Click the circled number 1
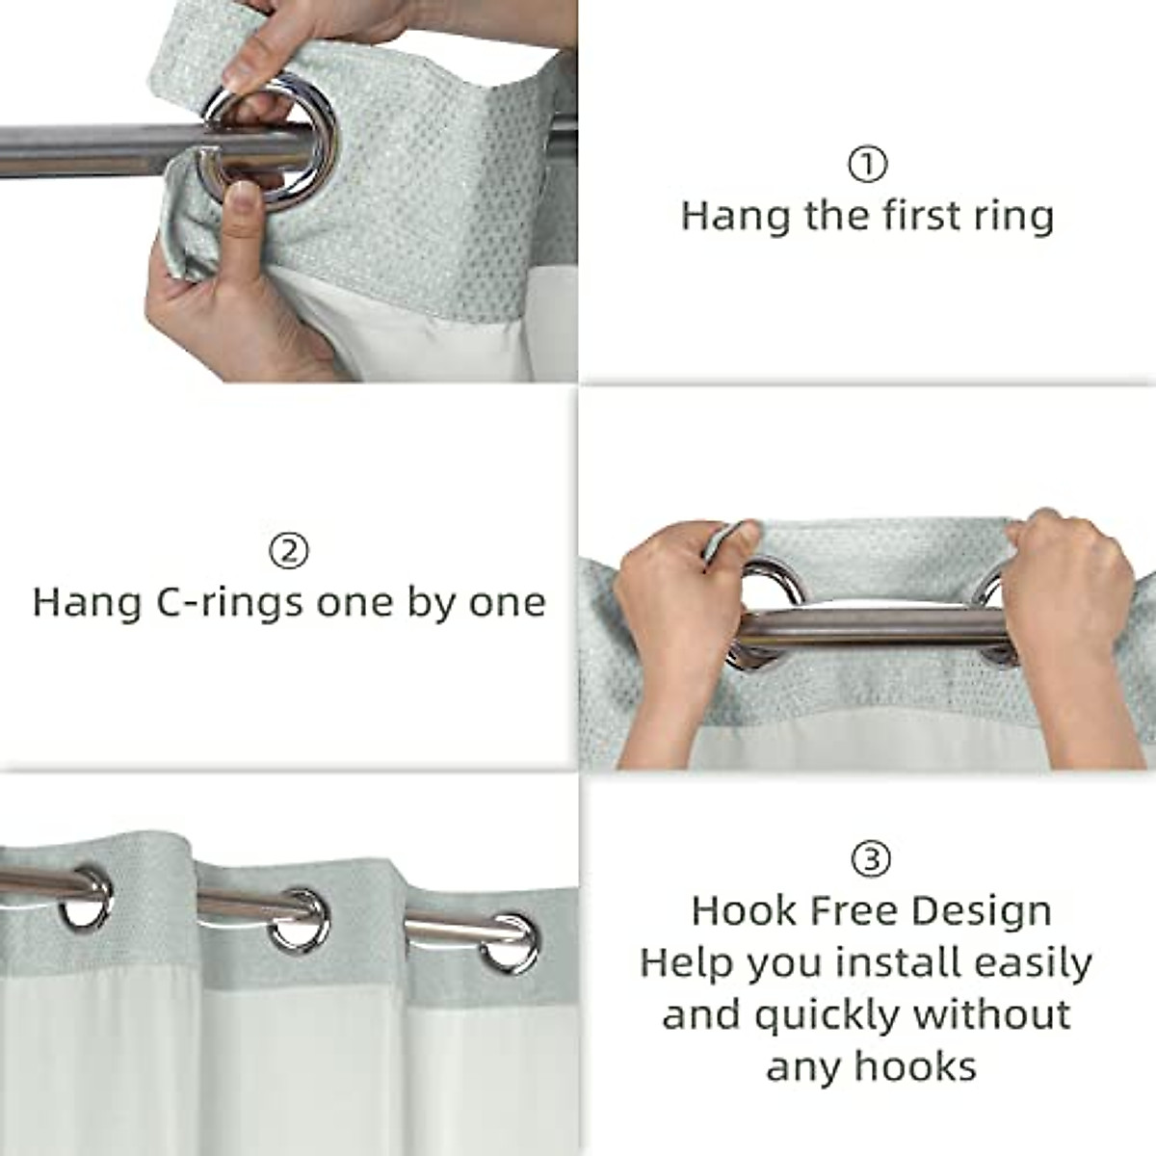click(867, 166)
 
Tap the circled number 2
click(288, 552)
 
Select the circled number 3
click(872, 857)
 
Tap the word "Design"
click(982, 910)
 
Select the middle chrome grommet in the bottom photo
click(300, 921)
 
